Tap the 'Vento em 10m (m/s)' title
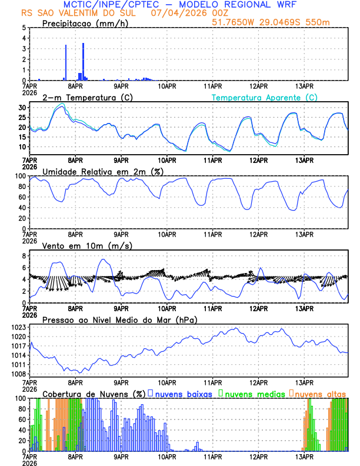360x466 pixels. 87,245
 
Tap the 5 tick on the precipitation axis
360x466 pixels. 24,28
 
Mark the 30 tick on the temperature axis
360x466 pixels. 21,108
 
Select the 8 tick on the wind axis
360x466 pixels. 24,256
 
